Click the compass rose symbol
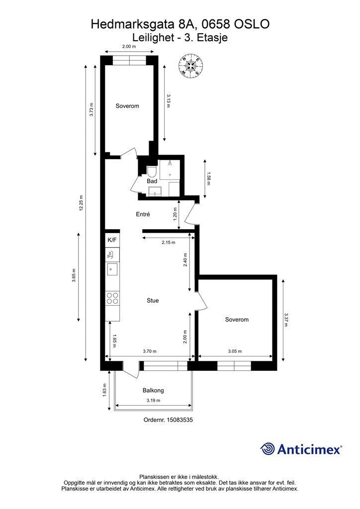pos(191,66)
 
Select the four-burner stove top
pos(112,298)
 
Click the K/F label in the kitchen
pos(112,240)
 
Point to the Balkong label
pos(153,390)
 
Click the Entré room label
pos(143,214)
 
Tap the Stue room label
pos(153,301)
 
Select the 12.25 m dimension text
pos(81,203)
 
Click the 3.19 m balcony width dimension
pos(153,400)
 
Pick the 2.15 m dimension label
pos(169,243)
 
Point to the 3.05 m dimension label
pos(235,351)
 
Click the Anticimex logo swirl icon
pos(268,449)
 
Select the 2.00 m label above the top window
pos(129,46)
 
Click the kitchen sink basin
pos(112,269)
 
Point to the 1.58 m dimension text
pos(208,178)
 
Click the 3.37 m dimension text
pos(285,320)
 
